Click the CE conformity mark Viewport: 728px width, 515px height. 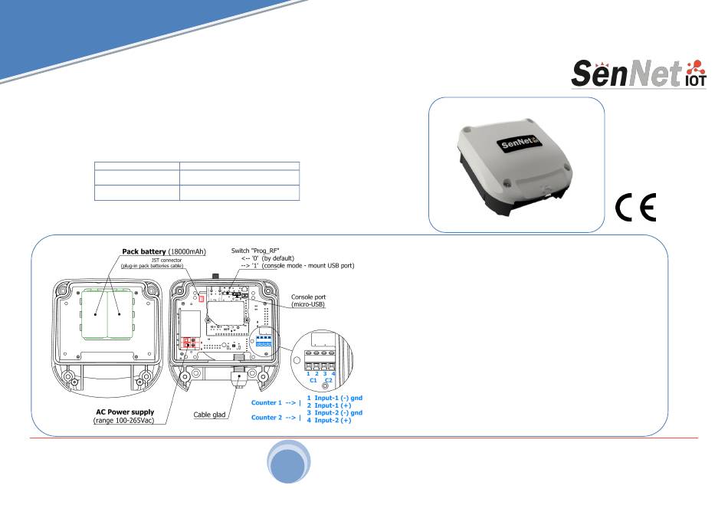pos(635,207)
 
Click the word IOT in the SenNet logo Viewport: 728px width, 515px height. pos(696,80)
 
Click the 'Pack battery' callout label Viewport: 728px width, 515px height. pos(164,251)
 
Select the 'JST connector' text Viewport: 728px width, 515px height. pos(167,261)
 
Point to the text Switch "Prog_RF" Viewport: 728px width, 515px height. pos(255,251)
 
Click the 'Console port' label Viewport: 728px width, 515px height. pos(308,297)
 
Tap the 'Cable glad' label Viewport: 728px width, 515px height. pos(209,415)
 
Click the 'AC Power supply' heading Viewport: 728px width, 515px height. pos(125,412)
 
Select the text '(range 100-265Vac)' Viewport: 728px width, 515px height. pos(123,421)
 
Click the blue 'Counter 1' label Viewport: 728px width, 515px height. pos(267,402)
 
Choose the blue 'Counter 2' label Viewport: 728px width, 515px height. pos(267,418)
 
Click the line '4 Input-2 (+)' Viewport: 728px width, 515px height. pos(329,420)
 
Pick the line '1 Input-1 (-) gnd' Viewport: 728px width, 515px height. pos(334,398)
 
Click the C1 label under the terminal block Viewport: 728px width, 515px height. pos(313,380)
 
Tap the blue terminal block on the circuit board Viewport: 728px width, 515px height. pos(264,341)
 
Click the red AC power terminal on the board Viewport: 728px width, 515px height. pos(189,343)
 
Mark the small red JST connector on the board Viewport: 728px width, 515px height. pos(202,299)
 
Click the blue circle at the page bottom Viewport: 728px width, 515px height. pos(288,462)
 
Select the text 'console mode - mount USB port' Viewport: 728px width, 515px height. pos(308,266)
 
